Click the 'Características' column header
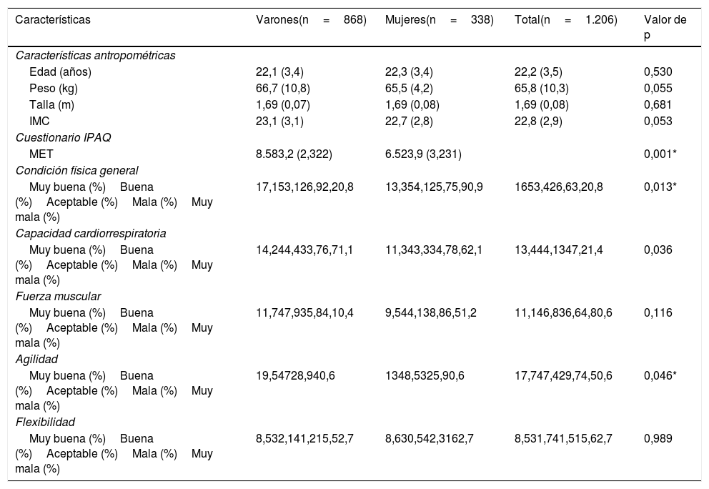[x=53, y=20]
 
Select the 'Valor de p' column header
[x=665, y=27]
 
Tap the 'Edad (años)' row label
[x=60, y=71]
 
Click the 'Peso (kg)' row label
[x=54, y=88]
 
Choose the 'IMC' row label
[x=39, y=121]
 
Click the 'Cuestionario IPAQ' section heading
[x=63, y=137]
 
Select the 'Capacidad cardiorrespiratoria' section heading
[x=91, y=233]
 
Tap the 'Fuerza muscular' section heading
[x=58, y=296]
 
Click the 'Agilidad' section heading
[x=36, y=359]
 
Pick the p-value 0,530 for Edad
[x=658, y=71]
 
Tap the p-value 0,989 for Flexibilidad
[x=658, y=438]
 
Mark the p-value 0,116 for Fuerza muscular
[x=658, y=312]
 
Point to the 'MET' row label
[x=41, y=154]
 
